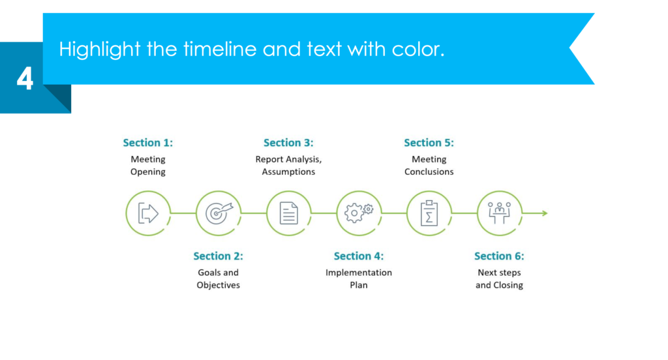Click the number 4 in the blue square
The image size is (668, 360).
[25, 80]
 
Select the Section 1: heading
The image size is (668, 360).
[148, 143]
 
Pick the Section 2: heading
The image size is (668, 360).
[219, 256]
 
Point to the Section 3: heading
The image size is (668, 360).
[288, 143]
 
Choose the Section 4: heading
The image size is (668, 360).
[359, 256]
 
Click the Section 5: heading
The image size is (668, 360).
[429, 143]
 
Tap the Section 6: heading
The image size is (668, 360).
[499, 256]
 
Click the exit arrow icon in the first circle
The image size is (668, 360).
[148, 213]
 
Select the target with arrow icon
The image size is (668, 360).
[219, 213]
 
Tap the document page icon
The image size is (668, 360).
[288, 213]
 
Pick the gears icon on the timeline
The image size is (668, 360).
[359, 213]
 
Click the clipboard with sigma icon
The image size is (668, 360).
[429, 213]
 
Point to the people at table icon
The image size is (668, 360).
[499, 213]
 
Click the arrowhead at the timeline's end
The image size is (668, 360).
[544, 213]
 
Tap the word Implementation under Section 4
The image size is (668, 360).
[359, 273]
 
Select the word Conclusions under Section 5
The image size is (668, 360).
[429, 172]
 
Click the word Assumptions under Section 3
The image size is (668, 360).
[288, 172]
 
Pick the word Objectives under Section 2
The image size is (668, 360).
[219, 286]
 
